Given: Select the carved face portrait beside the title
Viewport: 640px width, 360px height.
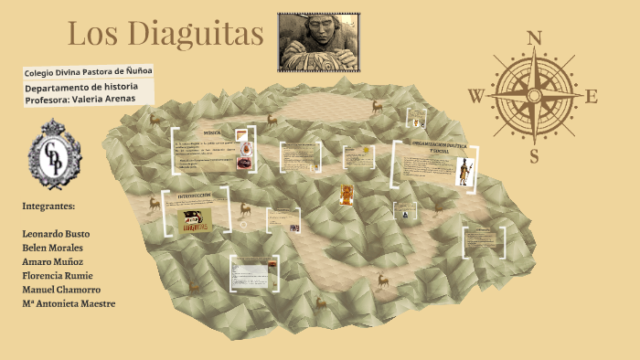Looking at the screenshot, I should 317,41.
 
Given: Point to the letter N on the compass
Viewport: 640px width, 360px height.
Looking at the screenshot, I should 535,37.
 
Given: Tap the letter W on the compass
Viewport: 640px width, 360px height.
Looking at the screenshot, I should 476,95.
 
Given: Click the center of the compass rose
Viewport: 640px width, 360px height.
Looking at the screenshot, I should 535,95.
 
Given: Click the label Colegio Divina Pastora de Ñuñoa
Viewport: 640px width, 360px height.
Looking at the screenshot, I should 89,71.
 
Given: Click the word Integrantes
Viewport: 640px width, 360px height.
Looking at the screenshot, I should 48,206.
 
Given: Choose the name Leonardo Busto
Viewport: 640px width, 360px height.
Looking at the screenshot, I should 57,234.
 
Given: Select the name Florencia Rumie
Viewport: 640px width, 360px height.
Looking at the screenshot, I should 58,275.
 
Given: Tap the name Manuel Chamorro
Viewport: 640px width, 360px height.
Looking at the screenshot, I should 60,289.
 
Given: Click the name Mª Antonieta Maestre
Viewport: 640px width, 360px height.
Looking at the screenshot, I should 69,303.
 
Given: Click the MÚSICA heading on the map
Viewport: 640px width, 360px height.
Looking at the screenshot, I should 213,133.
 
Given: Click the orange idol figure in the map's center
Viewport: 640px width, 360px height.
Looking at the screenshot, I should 347,195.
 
